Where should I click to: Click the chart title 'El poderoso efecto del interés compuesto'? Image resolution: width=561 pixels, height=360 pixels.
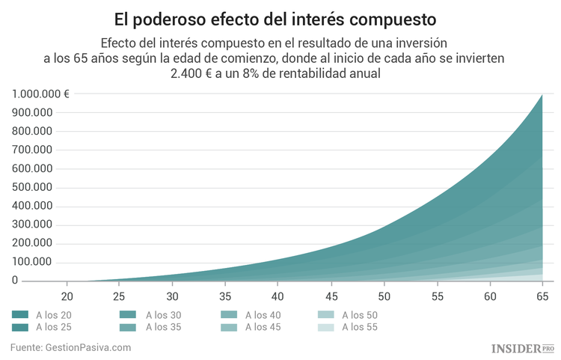click(x=280, y=17)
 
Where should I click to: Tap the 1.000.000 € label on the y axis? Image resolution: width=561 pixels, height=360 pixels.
click(x=41, y=94)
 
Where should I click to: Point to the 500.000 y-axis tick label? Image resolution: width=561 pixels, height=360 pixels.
click(x=31, y=187)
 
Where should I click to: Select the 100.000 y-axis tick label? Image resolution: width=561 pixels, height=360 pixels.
click(x=31, y=262)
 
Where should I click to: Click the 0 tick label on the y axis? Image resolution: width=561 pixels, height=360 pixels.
click(x=15, y=281)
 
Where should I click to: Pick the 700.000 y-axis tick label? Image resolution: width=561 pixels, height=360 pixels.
click(x=31, y=150)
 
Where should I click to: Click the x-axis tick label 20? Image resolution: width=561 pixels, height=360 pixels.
click(x=67, y=296)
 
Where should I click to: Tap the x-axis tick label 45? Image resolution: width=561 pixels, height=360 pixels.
click(x=331, y=296)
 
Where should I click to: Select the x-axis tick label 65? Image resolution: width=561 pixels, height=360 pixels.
click(x=542, y=296)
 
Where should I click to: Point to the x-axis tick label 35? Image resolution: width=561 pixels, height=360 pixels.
click(x=226, y=296)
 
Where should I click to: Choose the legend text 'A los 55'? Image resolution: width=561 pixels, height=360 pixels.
click(x=360, y=327)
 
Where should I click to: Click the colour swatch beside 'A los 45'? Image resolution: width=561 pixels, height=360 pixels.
click(x=228, y=327)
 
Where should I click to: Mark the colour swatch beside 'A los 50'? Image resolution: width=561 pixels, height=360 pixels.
click(x=325, y=315)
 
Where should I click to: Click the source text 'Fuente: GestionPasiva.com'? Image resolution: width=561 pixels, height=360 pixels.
click(x=71, y=347)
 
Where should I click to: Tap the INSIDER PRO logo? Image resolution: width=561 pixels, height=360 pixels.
click(x=522, y=348)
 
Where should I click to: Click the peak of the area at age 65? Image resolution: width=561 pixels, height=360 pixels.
click(x=542, y=96)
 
